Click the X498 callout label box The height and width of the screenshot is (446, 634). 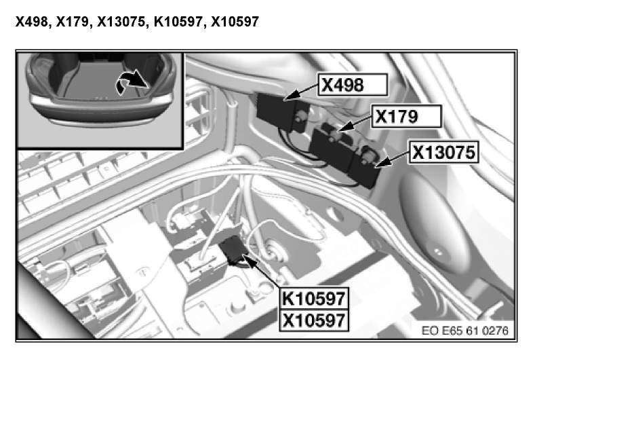(x=353, y=85)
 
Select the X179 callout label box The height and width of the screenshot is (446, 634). (x=406, y=117)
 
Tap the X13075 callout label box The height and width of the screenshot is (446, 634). (x=443, y=152)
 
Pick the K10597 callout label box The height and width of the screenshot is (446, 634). (x=314, y=299)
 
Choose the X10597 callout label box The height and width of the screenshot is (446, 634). (x=314, y=320)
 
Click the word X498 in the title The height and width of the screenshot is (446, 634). (x=32, y=22)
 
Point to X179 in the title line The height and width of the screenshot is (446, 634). (x=73, y=22)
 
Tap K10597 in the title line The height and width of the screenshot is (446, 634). (x=178, y=22)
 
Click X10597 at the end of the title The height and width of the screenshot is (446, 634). (x=235, y=22)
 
